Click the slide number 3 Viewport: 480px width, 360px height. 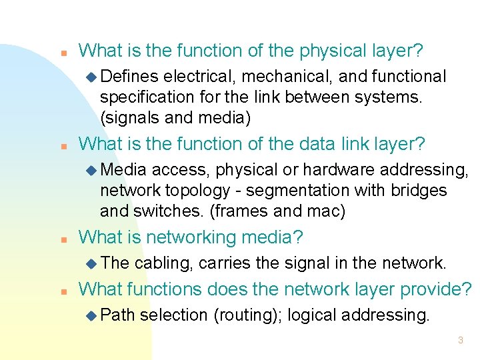(x=460, y=341)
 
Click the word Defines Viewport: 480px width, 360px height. (x=130, y=77)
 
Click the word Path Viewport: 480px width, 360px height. (x=118, y=315)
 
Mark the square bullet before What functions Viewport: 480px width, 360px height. (x=62, y=291)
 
